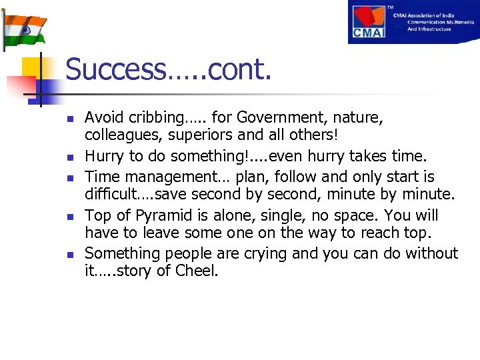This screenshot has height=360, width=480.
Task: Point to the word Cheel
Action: click(x=197, y=271)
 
